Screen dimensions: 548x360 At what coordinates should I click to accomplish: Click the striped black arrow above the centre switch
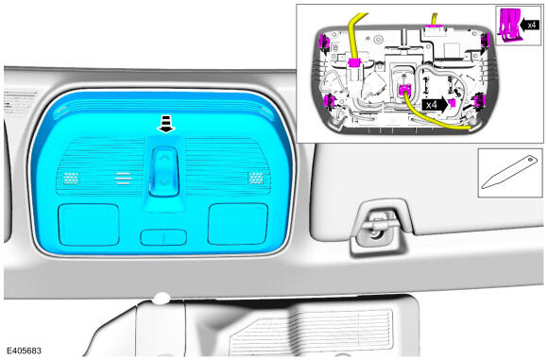point(166,125)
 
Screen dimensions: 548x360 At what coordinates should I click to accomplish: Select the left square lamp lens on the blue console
point(89,224)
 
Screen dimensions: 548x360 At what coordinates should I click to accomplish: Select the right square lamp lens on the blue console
point(238,224)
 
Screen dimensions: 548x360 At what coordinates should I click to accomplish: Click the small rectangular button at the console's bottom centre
point(163,237)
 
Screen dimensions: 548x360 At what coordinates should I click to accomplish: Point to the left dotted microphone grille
point(71,179)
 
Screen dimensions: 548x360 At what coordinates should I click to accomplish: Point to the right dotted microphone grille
point(256,179)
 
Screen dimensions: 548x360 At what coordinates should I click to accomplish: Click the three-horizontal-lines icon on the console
point(124,179)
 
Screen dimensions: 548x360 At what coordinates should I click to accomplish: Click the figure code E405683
point(25,351)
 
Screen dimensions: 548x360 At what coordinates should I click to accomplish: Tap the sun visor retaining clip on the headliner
point(378,228)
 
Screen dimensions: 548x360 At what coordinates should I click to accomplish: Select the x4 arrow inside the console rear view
point(435,105)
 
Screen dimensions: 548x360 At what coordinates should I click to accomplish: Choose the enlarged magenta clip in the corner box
point(509,26)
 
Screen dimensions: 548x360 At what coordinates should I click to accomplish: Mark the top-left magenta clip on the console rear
point(323,43)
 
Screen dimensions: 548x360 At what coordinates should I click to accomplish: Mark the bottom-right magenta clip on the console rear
point(480,100)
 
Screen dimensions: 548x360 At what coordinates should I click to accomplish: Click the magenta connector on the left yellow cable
point(354,63)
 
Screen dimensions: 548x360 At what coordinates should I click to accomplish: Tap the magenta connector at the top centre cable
point(436,26)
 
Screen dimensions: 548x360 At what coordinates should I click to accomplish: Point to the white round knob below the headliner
point(162,299)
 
